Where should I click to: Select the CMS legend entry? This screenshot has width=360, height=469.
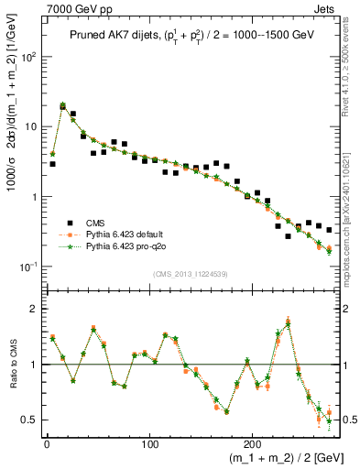click(x=96, y=222)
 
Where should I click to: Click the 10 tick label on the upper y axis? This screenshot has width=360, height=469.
click(x=29, y=126)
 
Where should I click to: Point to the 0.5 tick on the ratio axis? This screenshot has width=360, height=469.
click(x=30, y=420)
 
